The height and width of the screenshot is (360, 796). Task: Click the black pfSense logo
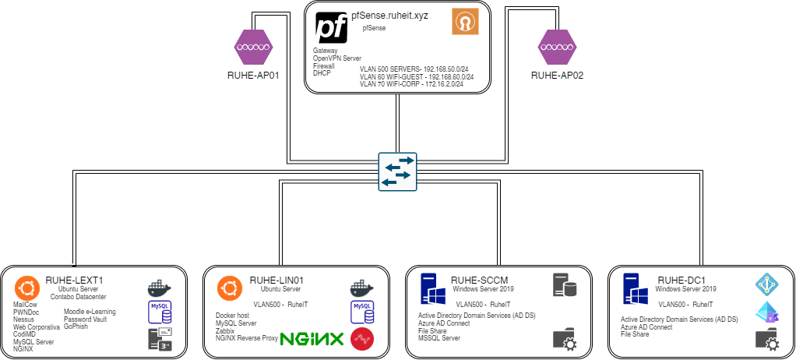point(331,26)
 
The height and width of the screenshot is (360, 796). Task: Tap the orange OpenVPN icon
point(465,22)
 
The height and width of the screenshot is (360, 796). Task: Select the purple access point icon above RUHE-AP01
point(252,48)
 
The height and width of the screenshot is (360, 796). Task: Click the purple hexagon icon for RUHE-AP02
point(558,48)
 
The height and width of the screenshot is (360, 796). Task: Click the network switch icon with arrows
point(397,170)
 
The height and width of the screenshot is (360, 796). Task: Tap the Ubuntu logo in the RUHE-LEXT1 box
point(26,287)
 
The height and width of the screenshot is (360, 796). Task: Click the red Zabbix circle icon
point(362,339)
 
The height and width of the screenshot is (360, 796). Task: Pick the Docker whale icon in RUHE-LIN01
point(362,288)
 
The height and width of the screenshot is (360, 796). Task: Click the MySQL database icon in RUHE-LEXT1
point(160,312)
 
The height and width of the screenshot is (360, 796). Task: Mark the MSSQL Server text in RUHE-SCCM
point(439,338)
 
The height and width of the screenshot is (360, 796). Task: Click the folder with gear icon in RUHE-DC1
point(767,339)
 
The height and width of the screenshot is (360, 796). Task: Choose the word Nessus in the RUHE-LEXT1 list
point(23,319)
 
